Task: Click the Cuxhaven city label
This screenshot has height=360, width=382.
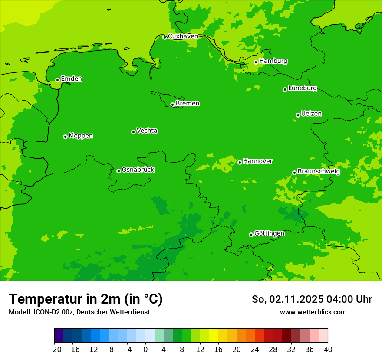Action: (183, 36)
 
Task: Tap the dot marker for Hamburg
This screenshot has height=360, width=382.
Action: (256, 62)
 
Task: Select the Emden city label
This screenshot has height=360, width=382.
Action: (71, 79)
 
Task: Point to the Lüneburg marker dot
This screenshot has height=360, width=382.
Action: (285, 89)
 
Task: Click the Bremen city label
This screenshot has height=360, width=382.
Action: (187, 104)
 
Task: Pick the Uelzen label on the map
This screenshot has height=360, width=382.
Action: (311, 114)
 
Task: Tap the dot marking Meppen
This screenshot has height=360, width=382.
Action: (65, 137)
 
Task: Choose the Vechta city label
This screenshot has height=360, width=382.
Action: (147, 131)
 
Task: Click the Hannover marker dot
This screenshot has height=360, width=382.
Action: (240, 162)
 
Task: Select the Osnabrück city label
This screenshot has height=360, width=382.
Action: (138, 170)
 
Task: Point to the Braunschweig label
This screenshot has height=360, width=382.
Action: (319, 172)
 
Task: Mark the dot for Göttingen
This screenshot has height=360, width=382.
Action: (251, 235)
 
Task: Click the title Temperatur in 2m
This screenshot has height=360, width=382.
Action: (86, 299)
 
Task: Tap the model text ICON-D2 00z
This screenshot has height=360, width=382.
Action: (79, 312)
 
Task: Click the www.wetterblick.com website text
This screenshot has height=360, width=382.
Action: (313, 312)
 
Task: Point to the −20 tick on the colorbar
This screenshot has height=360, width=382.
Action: (54, 350)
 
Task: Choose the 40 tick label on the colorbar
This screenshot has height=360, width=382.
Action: (328, 350)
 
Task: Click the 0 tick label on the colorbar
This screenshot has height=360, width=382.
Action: (145, 350)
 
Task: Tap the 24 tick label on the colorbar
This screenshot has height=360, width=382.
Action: (255, 350)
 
